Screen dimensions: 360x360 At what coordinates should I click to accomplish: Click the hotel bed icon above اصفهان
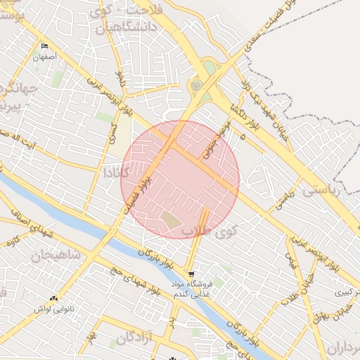[46, 45]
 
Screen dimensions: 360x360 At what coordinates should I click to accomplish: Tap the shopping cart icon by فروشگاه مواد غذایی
[192, 274]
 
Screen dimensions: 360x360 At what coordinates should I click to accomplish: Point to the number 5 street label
[242, 139]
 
